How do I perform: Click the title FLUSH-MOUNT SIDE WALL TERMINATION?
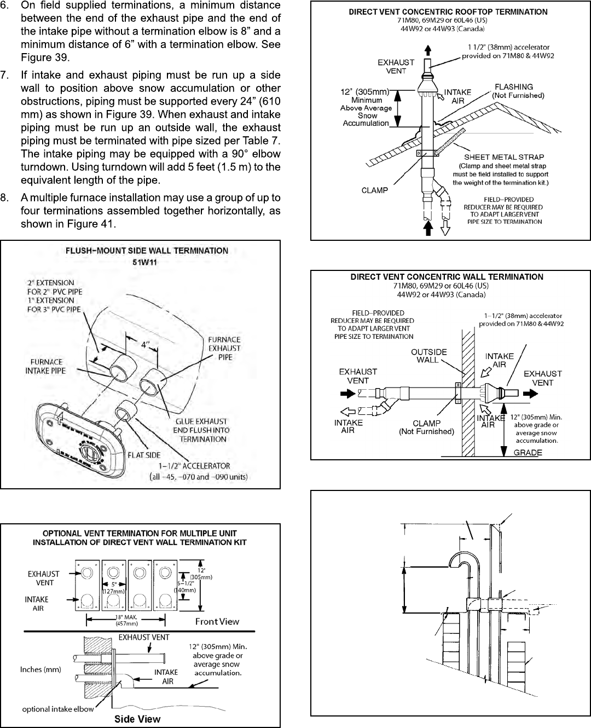click(147, 251)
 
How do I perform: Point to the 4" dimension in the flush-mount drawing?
click(145, 345)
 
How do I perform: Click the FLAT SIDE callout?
click(144, 455)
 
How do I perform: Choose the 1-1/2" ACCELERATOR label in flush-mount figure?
click(194, 466)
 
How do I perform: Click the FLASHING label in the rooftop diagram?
click(513, 87)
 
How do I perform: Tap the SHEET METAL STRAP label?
click(504, 157)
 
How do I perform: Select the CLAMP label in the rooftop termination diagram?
click(375, 190)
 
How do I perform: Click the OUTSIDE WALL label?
click(428, 356)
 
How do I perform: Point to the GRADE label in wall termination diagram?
click(528, 453)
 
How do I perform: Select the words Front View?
click(217, 621)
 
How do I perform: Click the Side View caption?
click(137, 719)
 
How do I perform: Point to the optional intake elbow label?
click(58, 709)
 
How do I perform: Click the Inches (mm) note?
click(40, 669)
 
